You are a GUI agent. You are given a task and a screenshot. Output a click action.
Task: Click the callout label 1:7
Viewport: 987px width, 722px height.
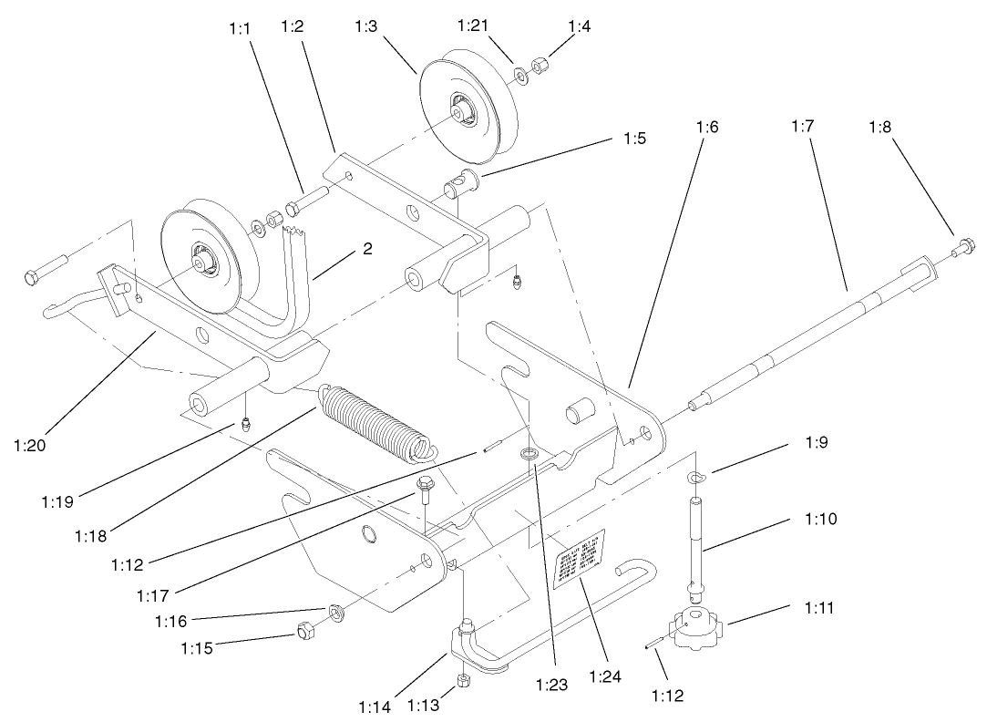(x=802, y=127)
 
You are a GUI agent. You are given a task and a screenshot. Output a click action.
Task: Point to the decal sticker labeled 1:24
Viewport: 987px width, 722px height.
(x=581, y=556)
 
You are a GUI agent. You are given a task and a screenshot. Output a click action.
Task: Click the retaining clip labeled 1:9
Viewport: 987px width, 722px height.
(x=697, y=480)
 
